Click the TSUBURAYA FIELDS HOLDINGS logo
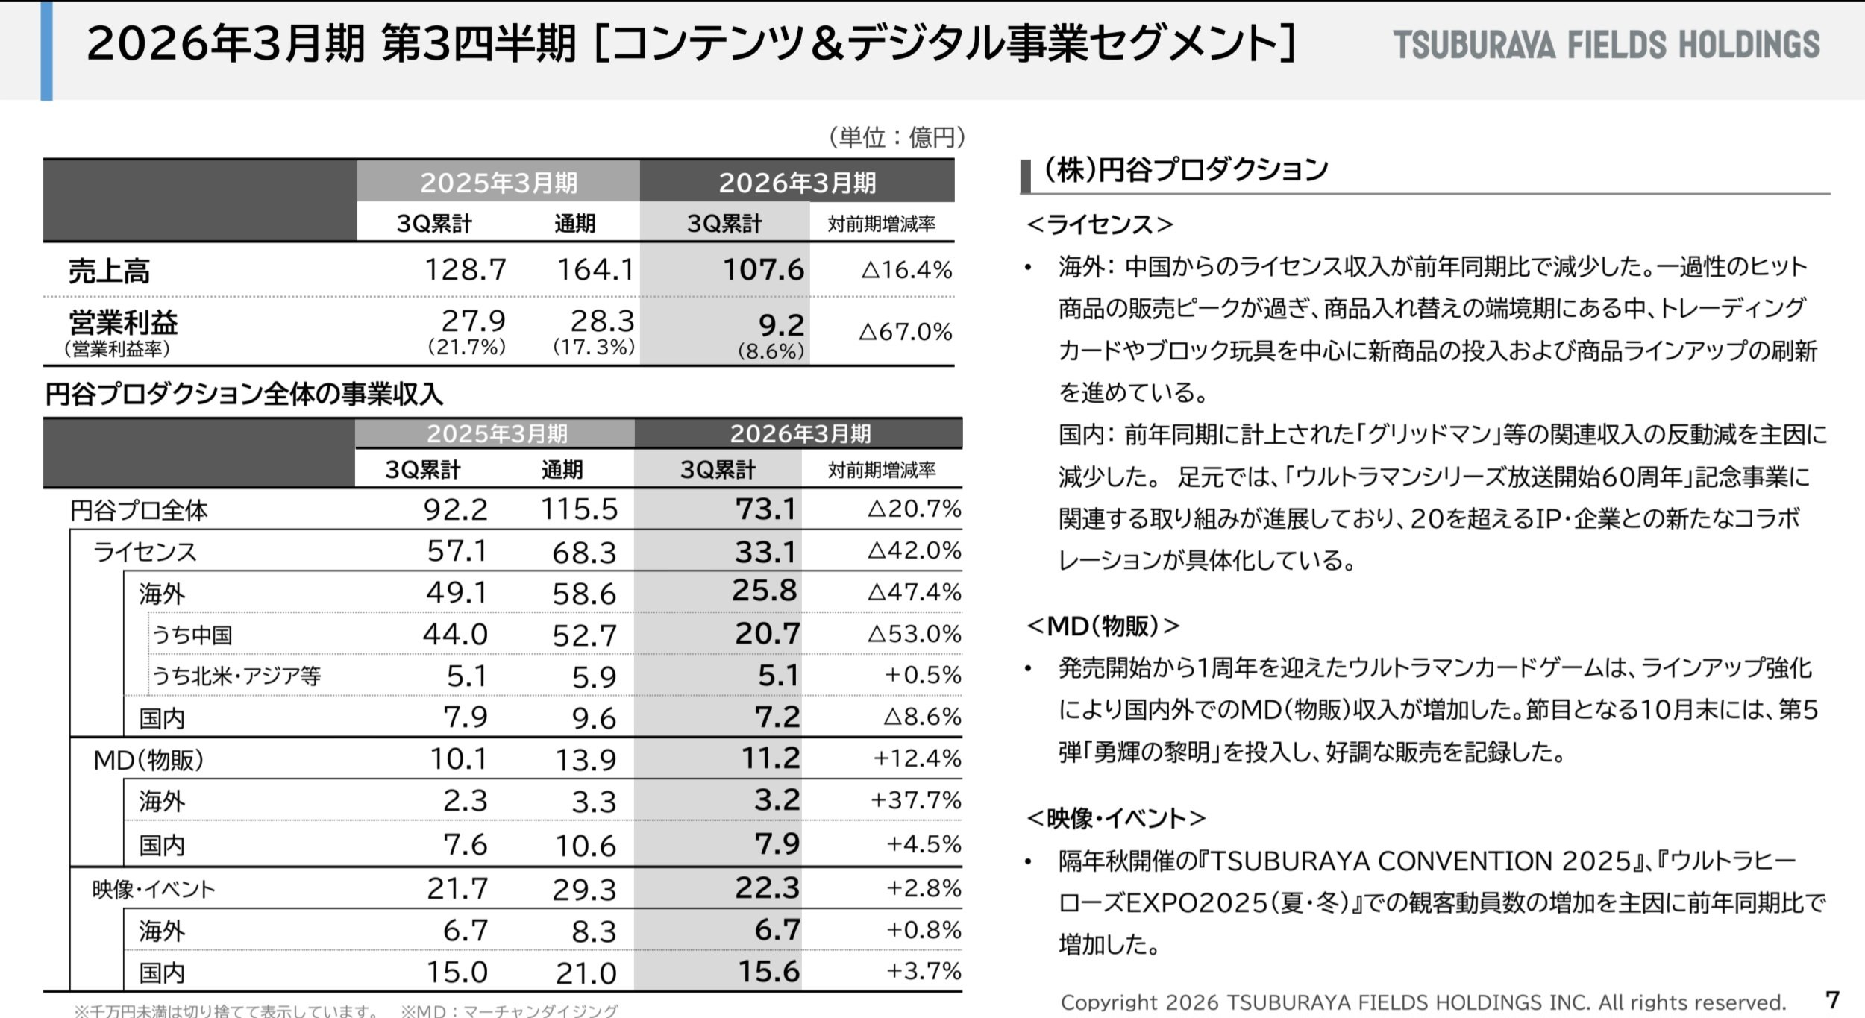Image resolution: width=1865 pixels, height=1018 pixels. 1606,45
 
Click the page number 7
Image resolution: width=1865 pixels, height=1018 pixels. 1833,999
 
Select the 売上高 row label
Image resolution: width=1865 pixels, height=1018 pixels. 109,271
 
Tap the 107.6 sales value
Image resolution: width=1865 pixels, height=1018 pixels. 763,269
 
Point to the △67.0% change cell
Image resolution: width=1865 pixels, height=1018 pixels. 905,331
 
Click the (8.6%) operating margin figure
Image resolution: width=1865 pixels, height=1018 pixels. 771,351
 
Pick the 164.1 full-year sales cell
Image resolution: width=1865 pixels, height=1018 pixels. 595,269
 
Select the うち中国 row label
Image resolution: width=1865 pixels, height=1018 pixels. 192,635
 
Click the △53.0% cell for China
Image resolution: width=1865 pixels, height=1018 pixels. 914,634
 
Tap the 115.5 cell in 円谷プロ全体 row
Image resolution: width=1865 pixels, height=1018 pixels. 579,509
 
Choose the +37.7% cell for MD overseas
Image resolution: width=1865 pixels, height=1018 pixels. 915,800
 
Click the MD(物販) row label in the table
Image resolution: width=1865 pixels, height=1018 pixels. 148,759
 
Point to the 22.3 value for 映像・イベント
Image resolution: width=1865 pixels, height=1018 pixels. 767,887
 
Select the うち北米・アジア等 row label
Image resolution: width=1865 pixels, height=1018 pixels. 236,676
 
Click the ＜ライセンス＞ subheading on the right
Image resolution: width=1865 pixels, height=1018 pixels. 1100,224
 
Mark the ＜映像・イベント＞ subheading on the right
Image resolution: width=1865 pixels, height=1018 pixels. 1116,819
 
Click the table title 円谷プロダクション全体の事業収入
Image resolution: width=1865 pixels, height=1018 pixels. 244,394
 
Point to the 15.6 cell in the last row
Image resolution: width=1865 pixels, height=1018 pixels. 768,971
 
